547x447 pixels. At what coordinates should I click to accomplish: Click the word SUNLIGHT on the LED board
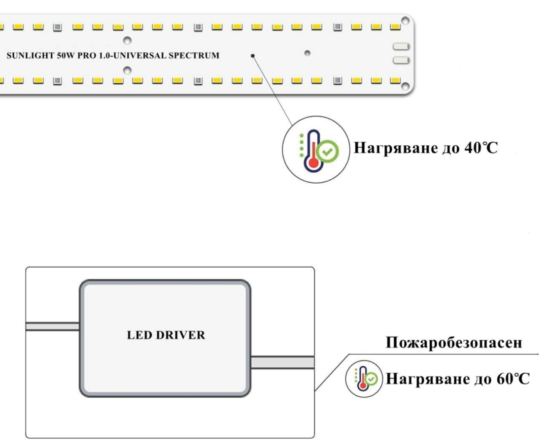pyautogui.click(x=27, y=55)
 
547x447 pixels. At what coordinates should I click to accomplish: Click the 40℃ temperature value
pyautogui.click(x=480, y=148)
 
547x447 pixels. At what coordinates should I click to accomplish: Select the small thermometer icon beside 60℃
pyautogui.click(x=364, y=379)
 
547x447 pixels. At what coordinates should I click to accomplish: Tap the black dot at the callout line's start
pyautogui.click(x=253, y=56)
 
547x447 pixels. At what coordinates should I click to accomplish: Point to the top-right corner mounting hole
pyautogui.click(x=405, y=21)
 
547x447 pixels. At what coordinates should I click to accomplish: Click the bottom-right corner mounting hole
pyautogui.click(x=405, y=87)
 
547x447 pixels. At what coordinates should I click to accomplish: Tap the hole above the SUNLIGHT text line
pyautogui.click(x=127, y=40)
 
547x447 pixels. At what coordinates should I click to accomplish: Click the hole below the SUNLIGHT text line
pyautogui.click(x=127, y=70)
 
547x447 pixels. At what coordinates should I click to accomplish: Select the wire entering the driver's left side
pyautogui.click(x=52, y=326)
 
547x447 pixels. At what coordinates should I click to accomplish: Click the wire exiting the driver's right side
pyautogui.click(x=282, y=363)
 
